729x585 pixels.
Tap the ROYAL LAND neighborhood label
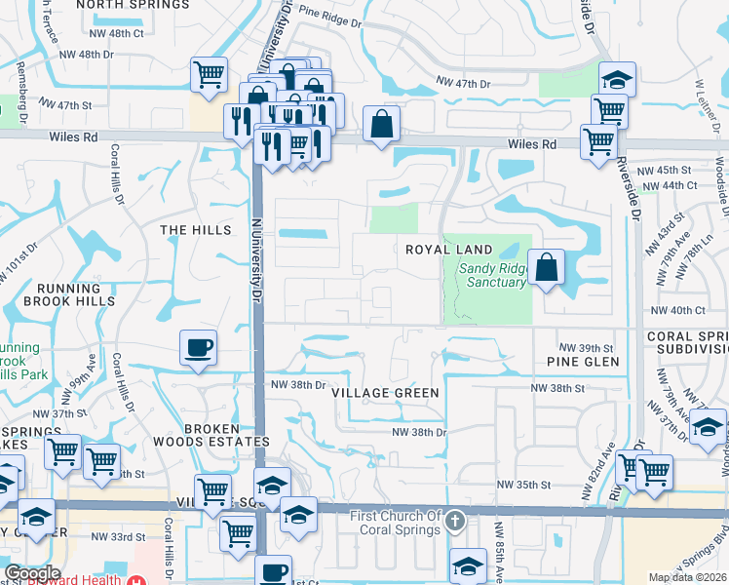click(449, 250)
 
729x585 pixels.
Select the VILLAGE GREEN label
click(385, 392)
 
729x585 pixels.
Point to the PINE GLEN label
click(584, 362)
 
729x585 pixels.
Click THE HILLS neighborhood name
click(196, 230)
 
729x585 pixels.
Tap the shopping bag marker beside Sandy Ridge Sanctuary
click(546, 266)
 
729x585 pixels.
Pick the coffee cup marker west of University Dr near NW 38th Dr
click(198, 348)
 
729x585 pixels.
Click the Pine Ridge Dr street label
click(329, 15)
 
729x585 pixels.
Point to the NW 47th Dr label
click(462, 85)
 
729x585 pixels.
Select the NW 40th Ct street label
click(676, 310)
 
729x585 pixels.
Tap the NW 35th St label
click(524, 485)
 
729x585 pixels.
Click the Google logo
click(32, 573)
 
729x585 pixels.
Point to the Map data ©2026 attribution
click(688, 577)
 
